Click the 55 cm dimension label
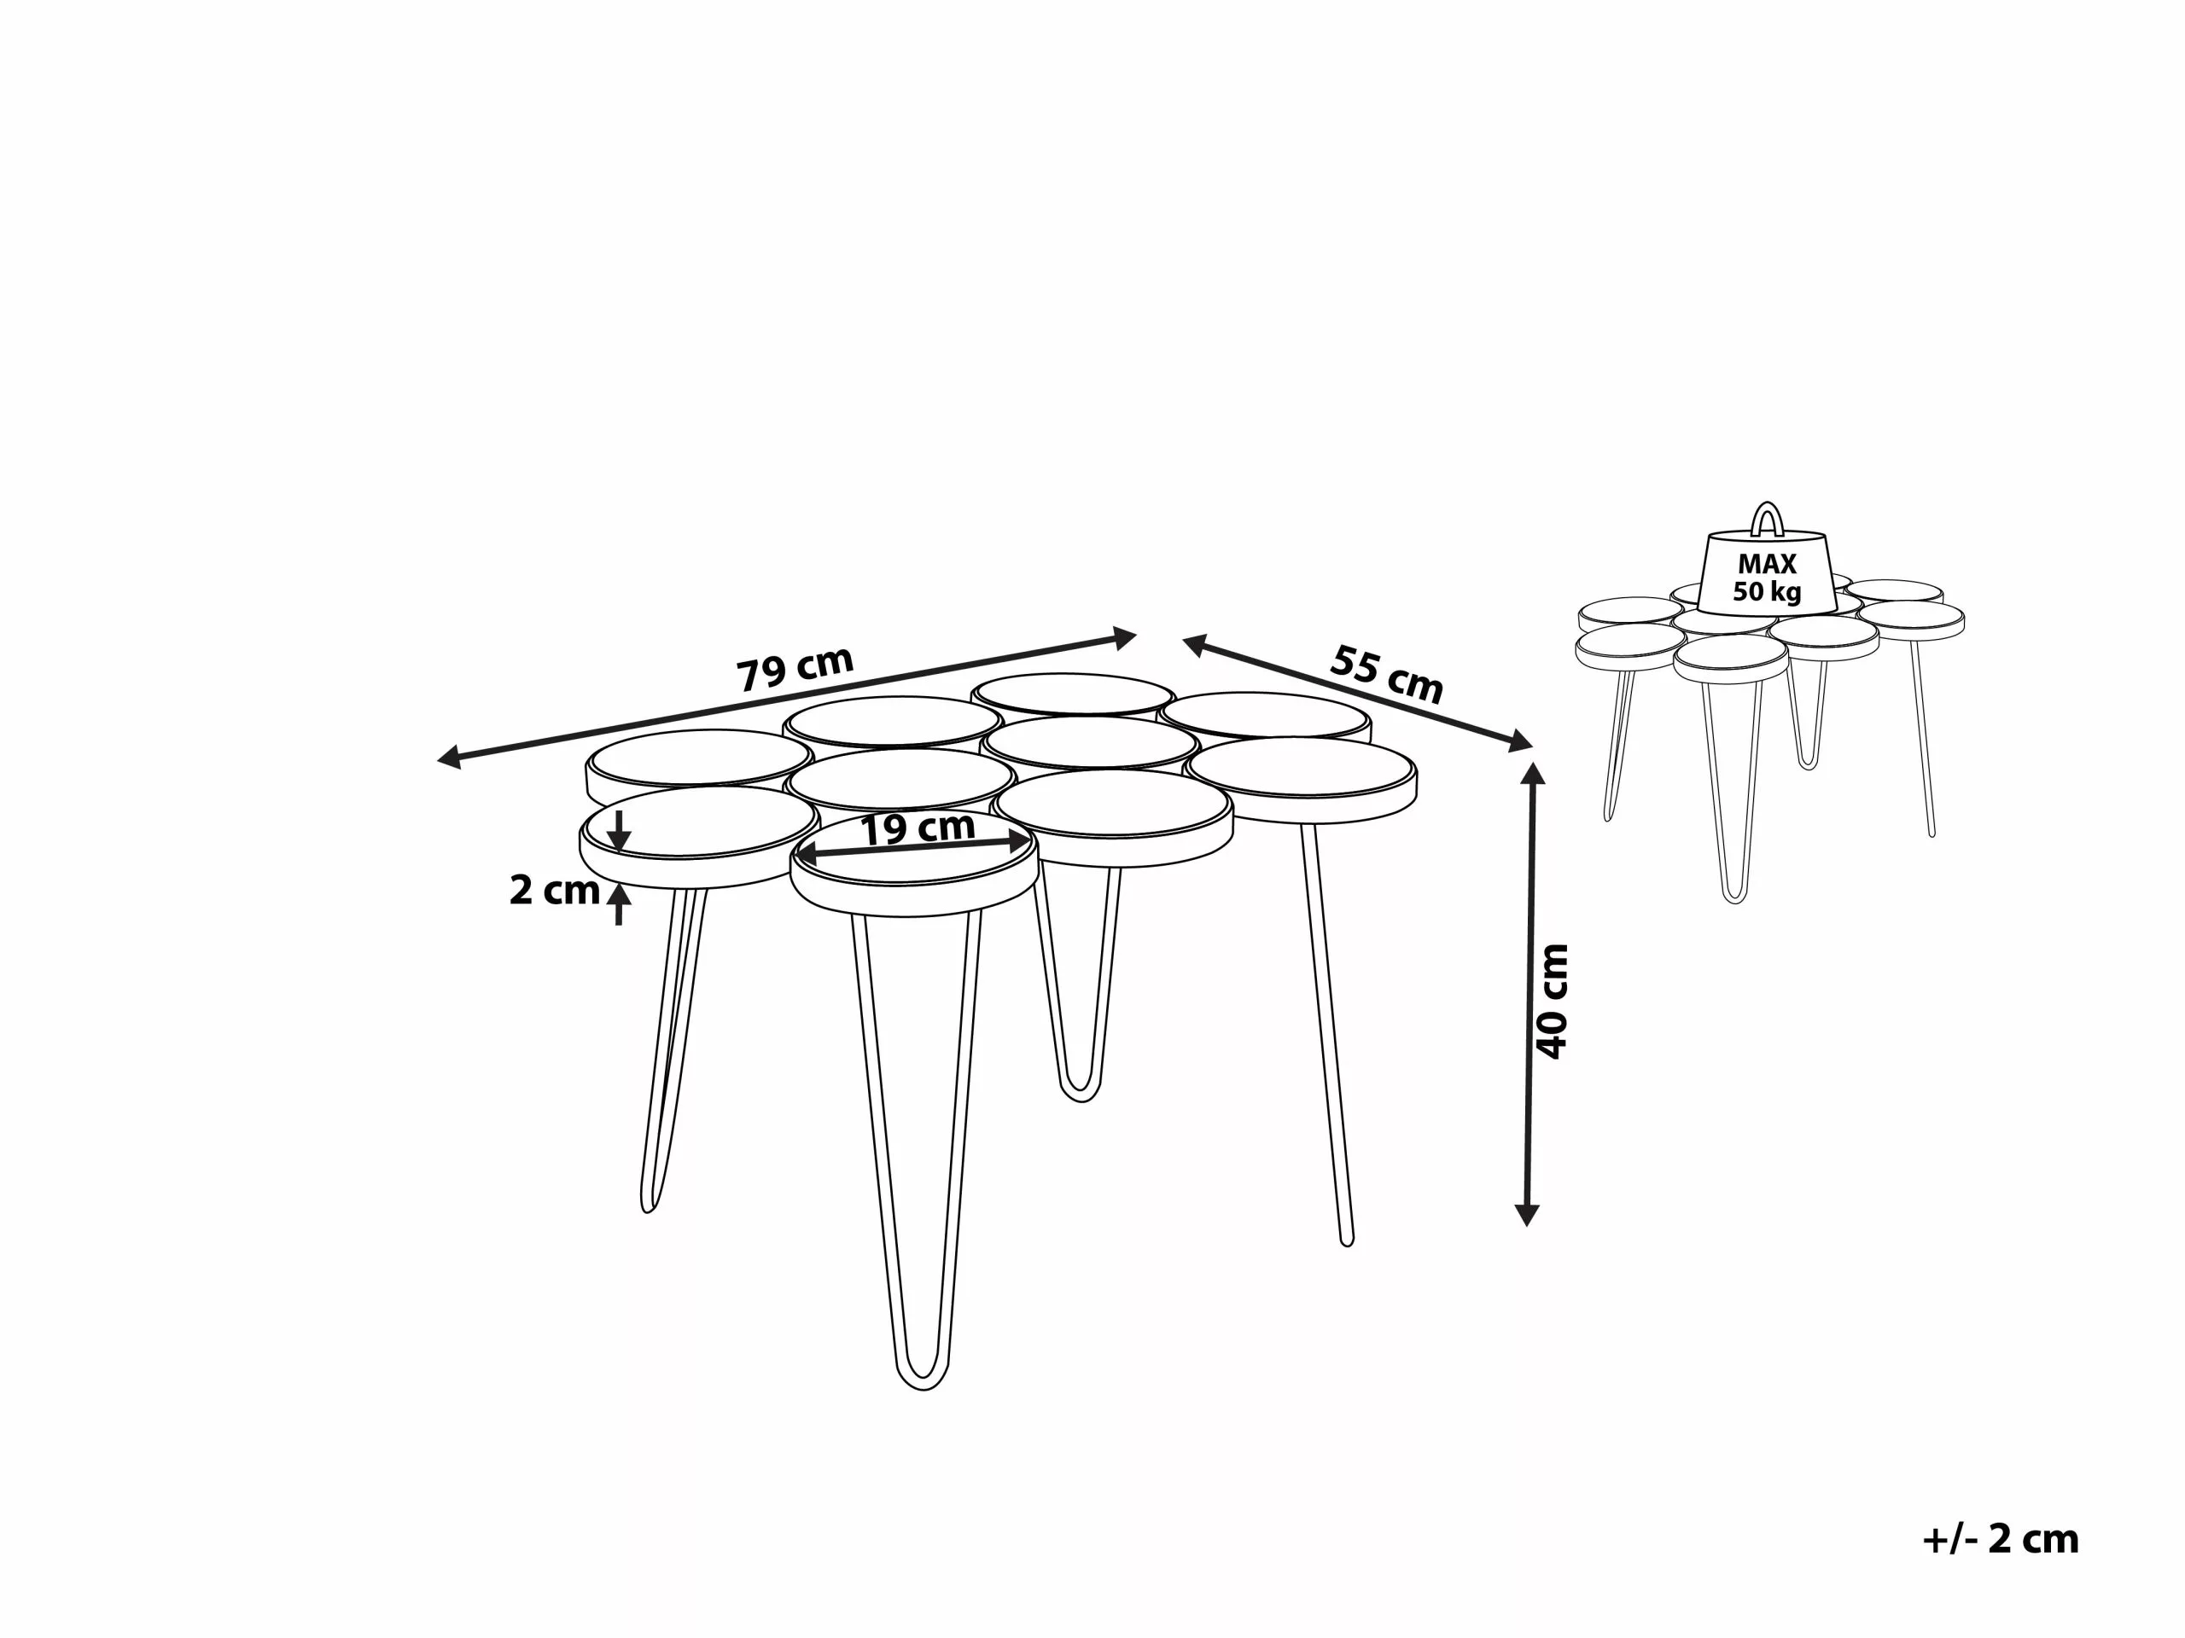1387,673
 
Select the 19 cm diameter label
918,828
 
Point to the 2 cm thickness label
554,891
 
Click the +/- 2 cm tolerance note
2001,1539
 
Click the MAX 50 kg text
1767,578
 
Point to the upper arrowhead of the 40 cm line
1532,772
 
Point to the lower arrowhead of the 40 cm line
1527,1217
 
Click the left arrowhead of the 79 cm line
448,758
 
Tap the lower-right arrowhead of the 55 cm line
1521,741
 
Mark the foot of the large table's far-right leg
1345,1241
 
